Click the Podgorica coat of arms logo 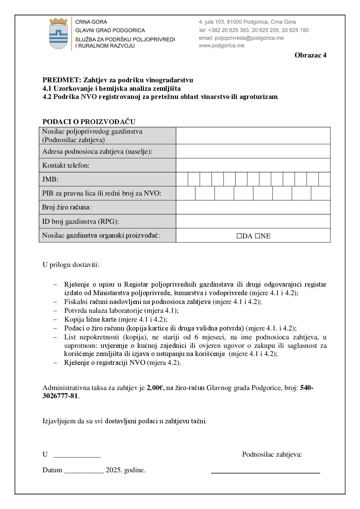point(59,34)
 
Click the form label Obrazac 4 point(310,55)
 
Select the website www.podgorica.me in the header point(222,46)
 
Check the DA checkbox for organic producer point(239,236)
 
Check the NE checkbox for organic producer point(257,236)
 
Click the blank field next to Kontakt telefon point(253,165)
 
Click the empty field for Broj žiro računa point(253,207)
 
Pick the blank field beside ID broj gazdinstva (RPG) point(253,221)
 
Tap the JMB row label point(50,180)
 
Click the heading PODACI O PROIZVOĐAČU point(89,122)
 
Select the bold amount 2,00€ point(155,388)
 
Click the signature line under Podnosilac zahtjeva point(265,472)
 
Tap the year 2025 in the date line point(114,470)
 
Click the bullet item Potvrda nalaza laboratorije point(121,310)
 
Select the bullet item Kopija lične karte point(116,319)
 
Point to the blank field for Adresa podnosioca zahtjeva point(253,151)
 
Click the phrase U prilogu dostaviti point(71,265)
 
